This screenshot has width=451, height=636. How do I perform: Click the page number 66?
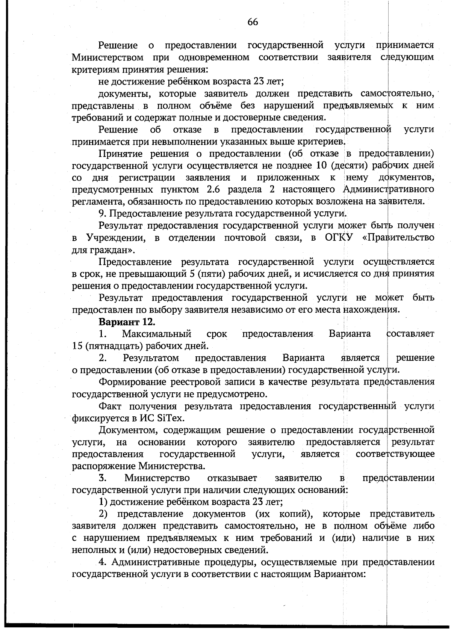coord(253,22)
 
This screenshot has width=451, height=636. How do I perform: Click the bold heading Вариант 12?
coord(127,322)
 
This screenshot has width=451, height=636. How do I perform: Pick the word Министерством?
coord(108,58)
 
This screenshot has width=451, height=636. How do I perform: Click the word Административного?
coord(389,189)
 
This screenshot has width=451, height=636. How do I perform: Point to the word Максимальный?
coord(157,334)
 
